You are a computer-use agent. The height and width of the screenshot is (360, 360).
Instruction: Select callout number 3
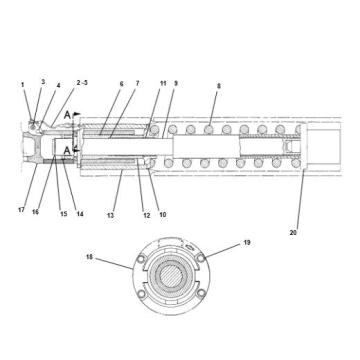pos(43,81)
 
